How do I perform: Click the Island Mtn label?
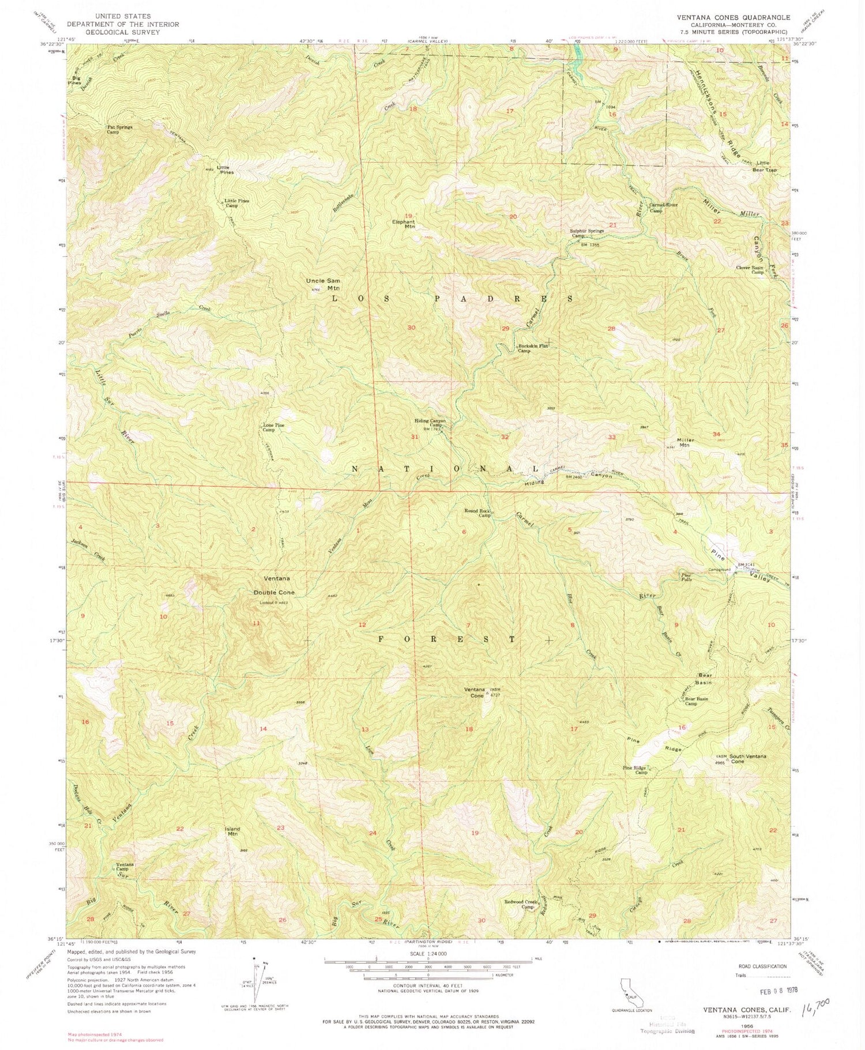coord(232,831)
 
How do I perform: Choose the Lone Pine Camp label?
coord(274,427)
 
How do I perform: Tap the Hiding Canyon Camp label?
coord(430,423)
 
